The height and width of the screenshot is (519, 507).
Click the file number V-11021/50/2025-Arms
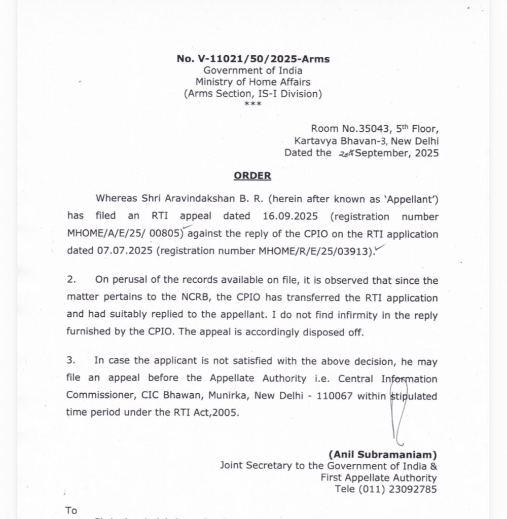[x=253, y=59]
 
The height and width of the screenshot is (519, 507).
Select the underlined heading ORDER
[x=252, y=176]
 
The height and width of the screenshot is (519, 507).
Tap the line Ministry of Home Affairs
[x=253, y=82]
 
